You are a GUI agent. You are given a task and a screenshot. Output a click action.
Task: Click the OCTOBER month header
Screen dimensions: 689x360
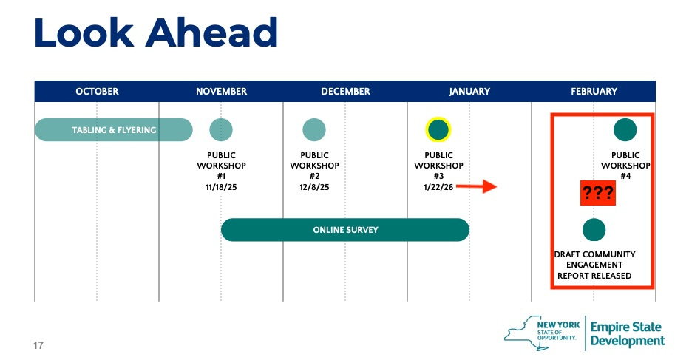click(97, 92)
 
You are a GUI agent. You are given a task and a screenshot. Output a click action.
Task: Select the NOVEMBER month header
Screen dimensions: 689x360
click(221, 92)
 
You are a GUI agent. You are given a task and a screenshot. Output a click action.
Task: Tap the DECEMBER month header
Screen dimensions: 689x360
click(345, 92)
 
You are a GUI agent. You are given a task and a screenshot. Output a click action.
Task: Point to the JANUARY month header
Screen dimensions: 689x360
click(469, 92)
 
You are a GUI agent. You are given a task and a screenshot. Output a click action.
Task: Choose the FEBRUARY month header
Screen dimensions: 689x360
click(594, 92)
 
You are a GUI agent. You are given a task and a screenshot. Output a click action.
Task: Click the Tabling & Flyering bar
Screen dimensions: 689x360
click(113, 130)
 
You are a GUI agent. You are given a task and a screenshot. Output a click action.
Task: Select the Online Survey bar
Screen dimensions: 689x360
click(345, 230)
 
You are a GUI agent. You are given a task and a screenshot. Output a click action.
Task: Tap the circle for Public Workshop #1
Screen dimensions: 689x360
click(221, 129)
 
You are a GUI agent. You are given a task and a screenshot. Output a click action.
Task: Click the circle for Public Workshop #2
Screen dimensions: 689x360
click(314, 129)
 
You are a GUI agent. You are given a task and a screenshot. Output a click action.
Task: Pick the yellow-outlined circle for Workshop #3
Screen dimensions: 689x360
click(438, 129)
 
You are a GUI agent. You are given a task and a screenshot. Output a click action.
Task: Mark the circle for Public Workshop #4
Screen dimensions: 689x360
click(625, 129)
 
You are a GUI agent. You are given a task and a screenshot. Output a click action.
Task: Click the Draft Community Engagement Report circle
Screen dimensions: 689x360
click(594, 230)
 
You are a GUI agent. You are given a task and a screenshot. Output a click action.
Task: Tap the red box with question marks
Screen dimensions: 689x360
click(597, 194)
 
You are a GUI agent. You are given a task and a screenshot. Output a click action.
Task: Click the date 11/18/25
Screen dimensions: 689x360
click(221, 187)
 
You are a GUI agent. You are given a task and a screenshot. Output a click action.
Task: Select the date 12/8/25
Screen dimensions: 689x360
click(314, 187)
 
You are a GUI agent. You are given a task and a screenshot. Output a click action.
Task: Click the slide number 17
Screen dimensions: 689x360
click(38, 344)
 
